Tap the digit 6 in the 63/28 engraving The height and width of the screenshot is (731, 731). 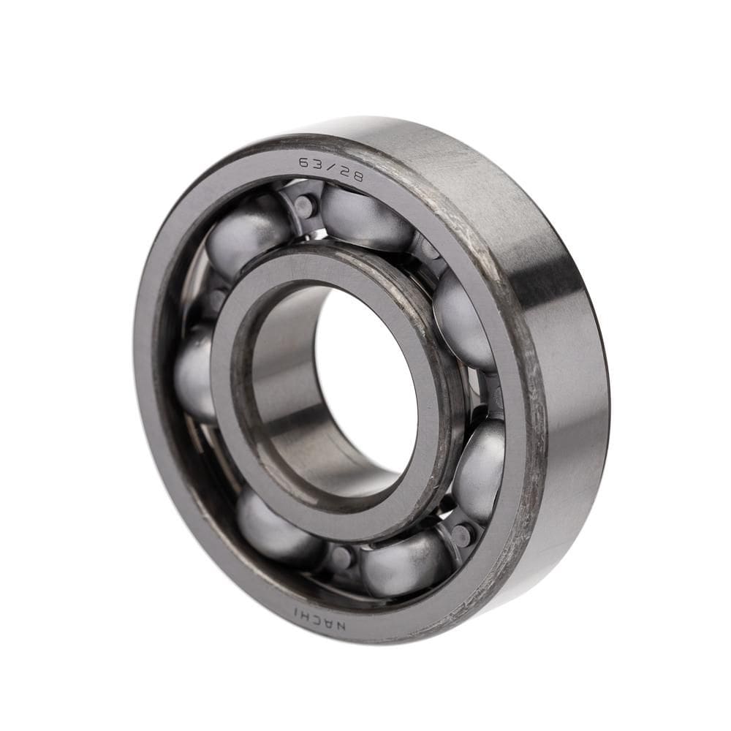tap(303, 162)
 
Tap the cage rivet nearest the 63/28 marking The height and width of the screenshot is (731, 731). tap(305, 205)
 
